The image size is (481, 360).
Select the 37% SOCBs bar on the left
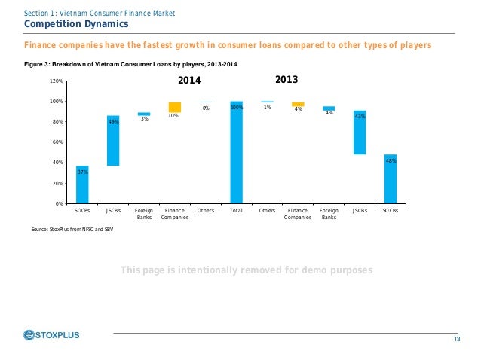82,185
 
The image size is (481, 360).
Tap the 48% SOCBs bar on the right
391,179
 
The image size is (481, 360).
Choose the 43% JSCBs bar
360,133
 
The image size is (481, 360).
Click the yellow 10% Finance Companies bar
175,107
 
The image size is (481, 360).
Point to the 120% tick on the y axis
57,81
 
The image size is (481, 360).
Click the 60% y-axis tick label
58,142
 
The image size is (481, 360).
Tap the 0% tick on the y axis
60,204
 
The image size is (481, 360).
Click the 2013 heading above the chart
287,78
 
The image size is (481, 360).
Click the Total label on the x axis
236,211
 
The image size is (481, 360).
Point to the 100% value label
236,108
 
